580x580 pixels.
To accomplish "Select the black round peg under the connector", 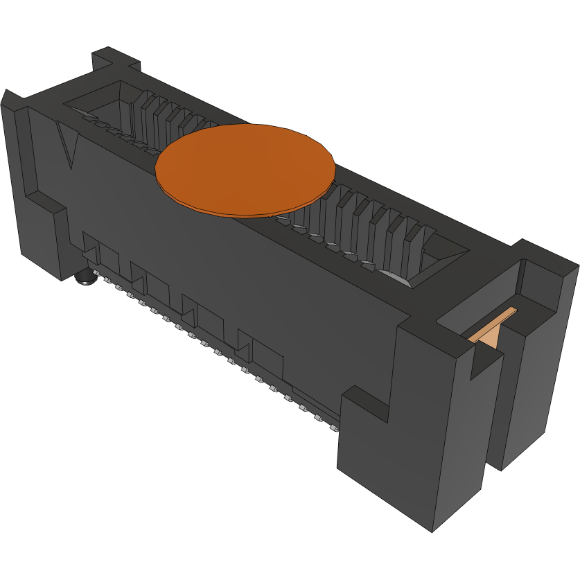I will (85, 279).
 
